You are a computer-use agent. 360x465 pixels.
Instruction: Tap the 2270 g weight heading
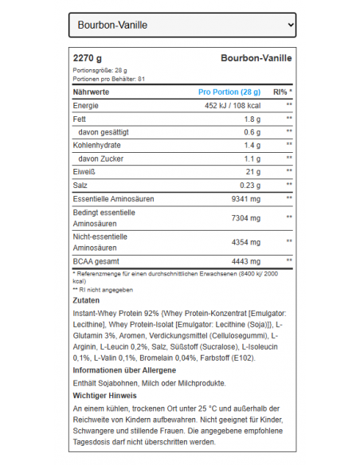tap(88, 58)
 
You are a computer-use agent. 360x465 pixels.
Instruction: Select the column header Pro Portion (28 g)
tap(229, 92)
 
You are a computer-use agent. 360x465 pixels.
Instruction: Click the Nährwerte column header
tap(91, 92)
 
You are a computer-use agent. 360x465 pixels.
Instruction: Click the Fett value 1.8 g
tap(252, 119)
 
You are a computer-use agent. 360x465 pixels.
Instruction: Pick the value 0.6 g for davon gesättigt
tap(252, 132)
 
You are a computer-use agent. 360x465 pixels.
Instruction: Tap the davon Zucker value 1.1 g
tap(252, 158)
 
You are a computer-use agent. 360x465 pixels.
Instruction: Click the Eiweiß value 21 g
tap(253, 172)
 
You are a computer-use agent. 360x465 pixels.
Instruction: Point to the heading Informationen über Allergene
tap(125, 370)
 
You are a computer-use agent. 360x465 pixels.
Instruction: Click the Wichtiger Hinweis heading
tap(104, 395)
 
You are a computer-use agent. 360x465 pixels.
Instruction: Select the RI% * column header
tap(283, 92)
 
